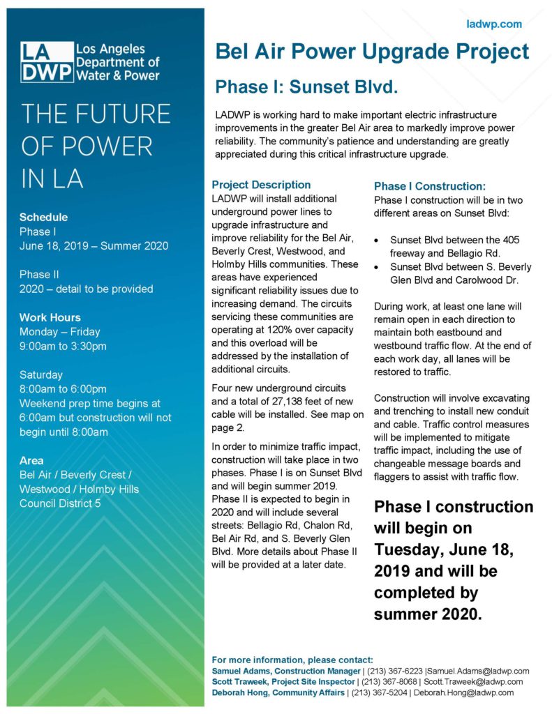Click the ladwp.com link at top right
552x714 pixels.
[x=494, y=24]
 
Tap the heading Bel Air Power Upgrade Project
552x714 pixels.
[x=372, y=52]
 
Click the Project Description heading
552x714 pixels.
[x=261, y=185]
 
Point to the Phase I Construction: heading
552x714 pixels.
[x=429, y=186]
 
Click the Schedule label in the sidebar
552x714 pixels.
[x=43, y=217]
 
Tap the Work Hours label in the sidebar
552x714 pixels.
[x=50, y=317]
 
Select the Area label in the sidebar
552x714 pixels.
[x=31, y=460]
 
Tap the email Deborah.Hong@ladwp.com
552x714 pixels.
[x=464, y=692]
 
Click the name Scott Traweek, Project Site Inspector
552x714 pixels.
[x=283, y=681]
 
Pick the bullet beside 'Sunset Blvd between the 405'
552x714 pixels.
[x=377, y=240]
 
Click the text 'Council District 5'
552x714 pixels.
[x=60, y=503]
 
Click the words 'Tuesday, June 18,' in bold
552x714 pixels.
[x=444, y=549]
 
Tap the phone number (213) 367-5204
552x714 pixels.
[x=382, y=692]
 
